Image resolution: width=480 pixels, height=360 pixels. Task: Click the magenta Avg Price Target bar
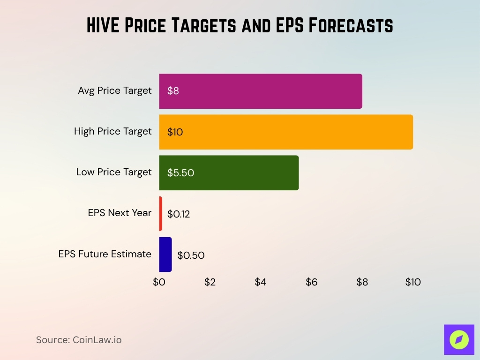pos(261,91)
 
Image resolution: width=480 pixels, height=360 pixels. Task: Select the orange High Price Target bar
pos(286,132)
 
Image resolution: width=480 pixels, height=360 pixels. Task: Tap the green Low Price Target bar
pos(229,172)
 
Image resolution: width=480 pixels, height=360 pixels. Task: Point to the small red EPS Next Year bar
pos(161,214)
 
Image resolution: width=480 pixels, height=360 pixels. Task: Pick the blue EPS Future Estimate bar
pos(165,255)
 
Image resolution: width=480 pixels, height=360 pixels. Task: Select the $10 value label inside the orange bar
pos(175,132)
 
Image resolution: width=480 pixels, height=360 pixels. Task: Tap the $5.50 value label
pos(180,173)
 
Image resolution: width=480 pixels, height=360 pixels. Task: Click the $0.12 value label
pos(179,214)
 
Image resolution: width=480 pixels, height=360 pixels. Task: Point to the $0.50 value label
pos(191,255)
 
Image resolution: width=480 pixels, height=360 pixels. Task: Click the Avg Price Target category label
pos(115,90)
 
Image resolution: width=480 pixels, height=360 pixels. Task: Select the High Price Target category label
pos(113,131)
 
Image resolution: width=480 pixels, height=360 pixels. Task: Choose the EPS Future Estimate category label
pos(105,254)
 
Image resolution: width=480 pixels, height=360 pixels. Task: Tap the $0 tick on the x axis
pos(159,282)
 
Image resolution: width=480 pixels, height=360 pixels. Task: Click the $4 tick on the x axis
pos(261,282)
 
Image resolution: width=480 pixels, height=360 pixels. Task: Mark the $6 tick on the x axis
pos(311,282)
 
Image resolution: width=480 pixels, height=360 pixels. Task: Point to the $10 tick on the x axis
pos(413,282)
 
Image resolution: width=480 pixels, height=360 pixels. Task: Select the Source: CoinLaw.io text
pos(79,340)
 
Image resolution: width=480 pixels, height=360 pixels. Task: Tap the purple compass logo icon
pos(459,339)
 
